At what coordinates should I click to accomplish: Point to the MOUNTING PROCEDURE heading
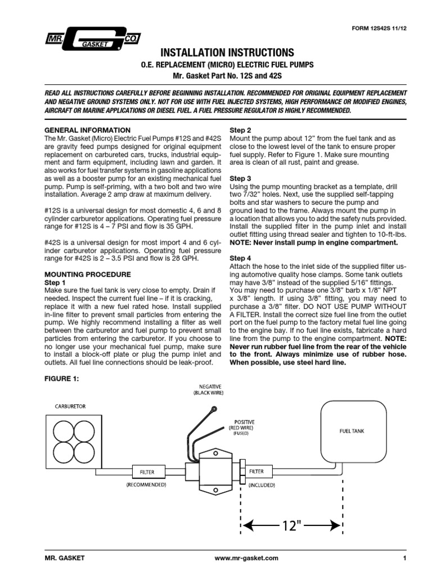pos(87,274)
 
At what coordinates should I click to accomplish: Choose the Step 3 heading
pos(241,178)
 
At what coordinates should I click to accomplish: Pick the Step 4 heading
pos(241,258)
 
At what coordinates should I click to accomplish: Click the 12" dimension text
pos(291,526)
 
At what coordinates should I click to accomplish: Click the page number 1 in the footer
pos(404,559)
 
